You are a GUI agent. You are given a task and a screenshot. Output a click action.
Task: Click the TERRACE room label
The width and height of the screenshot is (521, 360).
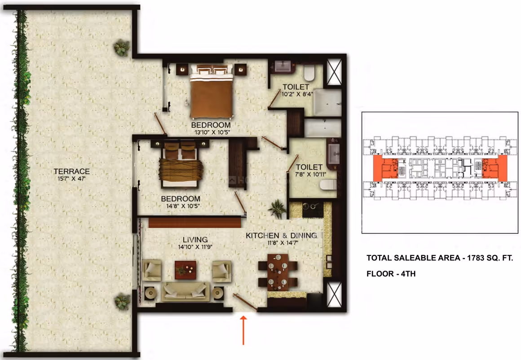72,171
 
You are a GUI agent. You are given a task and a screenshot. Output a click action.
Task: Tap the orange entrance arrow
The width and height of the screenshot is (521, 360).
243,330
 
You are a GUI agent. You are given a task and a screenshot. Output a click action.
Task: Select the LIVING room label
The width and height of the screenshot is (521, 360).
195,239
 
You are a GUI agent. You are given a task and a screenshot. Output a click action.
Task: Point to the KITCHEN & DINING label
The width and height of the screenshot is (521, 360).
281,236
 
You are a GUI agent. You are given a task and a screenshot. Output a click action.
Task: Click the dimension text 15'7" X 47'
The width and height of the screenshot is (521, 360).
72,179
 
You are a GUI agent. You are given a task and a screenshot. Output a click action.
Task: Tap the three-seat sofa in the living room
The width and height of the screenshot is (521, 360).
186,292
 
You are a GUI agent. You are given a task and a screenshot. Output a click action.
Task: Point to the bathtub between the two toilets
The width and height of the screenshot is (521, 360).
322,127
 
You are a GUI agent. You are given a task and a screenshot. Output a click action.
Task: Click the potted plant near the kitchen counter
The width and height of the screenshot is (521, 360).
277,209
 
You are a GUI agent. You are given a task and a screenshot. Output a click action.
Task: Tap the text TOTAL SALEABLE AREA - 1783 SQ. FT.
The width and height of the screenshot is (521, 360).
440,258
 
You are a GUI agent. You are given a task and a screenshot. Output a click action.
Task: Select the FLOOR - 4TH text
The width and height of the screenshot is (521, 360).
391,274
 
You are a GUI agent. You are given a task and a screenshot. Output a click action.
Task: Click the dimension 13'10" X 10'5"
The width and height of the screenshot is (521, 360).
212,132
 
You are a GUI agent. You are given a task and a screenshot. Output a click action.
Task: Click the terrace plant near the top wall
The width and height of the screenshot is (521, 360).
122,48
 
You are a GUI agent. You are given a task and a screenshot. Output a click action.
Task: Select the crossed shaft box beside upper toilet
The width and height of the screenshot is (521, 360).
334,72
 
